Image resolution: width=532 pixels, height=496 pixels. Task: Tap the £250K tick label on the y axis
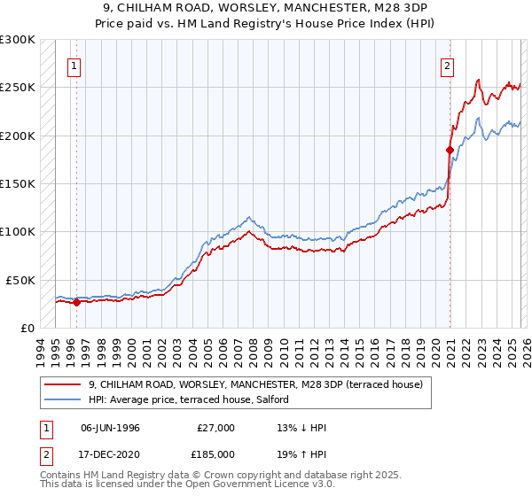tap(17, 88)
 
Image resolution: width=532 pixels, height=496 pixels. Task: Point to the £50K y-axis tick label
tap(20, 280)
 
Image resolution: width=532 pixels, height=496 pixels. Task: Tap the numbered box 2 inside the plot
tap(449, 65)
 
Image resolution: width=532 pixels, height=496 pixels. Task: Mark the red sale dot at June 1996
tap(76, 302)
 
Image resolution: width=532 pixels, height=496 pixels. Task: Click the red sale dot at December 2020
tap(450, 151)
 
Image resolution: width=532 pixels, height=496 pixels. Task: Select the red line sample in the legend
tap(63, 384)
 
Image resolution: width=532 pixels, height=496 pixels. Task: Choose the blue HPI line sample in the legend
tap(63, 400)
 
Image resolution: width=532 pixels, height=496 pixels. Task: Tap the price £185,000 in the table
tap(215, 453)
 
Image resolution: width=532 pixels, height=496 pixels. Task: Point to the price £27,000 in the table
tap(215, 428)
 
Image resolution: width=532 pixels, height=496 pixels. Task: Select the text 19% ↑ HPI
tap(301, 453)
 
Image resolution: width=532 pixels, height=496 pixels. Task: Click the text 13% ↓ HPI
tap(301, 428)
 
